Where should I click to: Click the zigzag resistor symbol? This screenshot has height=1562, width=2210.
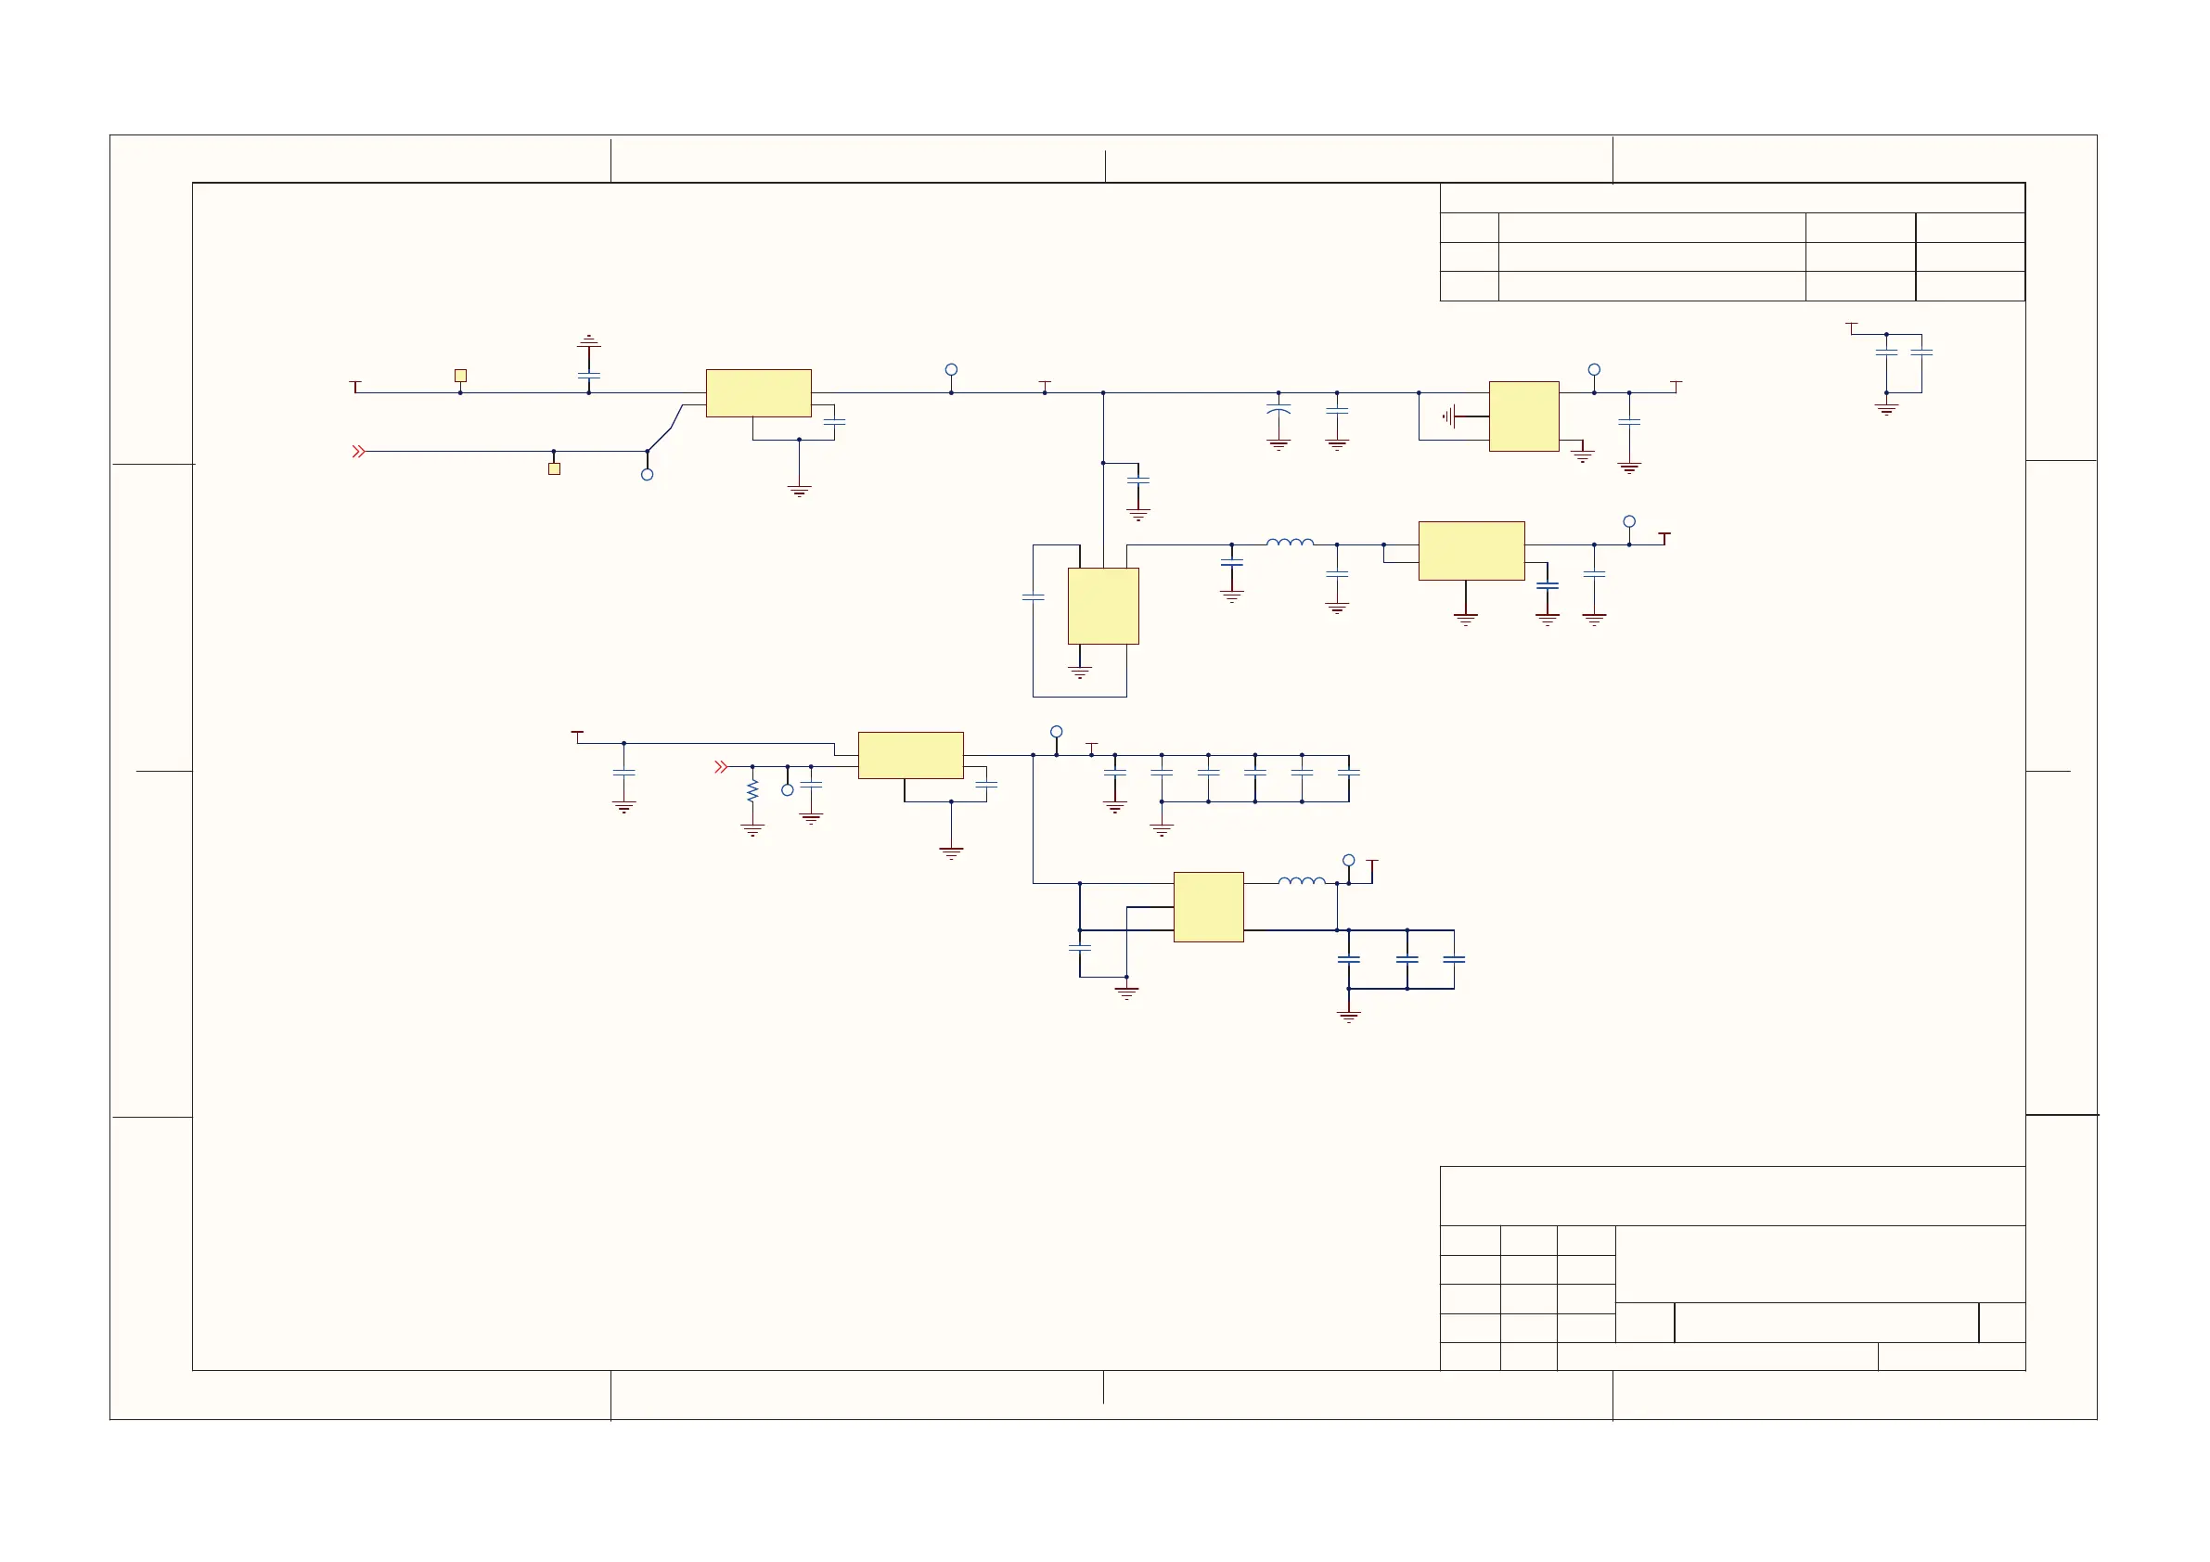pyautogui.click(x=752, y=791)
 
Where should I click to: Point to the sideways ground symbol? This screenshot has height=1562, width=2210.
pyautogui.click(x=1448, y=416)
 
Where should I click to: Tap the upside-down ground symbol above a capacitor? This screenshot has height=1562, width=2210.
pyautogui.click(x=588, y=340)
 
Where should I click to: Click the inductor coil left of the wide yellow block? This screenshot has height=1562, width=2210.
pyautogui.click(x=1290, y=543)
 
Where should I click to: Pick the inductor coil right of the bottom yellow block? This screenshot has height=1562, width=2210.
pyautogui.click(x=1302, y=879)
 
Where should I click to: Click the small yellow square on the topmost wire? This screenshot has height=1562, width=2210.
pyautogui.click(x=460, y=376)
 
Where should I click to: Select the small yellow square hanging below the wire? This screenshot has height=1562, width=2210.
pyautogui.click(x=554, y=468)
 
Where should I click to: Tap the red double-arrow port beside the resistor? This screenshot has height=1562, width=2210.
pyautogui.click(x=721, y=767)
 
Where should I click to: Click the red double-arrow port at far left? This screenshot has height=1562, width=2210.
pyautogui.click(x=359, y=452)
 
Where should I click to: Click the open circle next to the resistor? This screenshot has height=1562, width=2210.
pyautogui.click(x=788, y=790)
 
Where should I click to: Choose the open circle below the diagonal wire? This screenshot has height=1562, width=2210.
pyautogui.click(x=647, y=475)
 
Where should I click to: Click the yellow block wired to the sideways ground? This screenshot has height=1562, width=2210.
pyautogui.click(x=1523, y=416)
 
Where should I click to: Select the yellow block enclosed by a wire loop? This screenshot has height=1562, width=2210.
pyautogui.click(x=1103, y=606)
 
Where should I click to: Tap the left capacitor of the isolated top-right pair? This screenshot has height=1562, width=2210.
pyautogui.click(x=1886, y=352)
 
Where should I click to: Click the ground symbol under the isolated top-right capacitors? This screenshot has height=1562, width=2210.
pyautogui.click(x=1886, y=408)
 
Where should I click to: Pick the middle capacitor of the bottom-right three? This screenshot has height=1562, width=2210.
pyautogui.click(x=1407, y=959)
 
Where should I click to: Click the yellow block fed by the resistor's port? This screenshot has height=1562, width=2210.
pyautogui.click(x=910, y=756)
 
